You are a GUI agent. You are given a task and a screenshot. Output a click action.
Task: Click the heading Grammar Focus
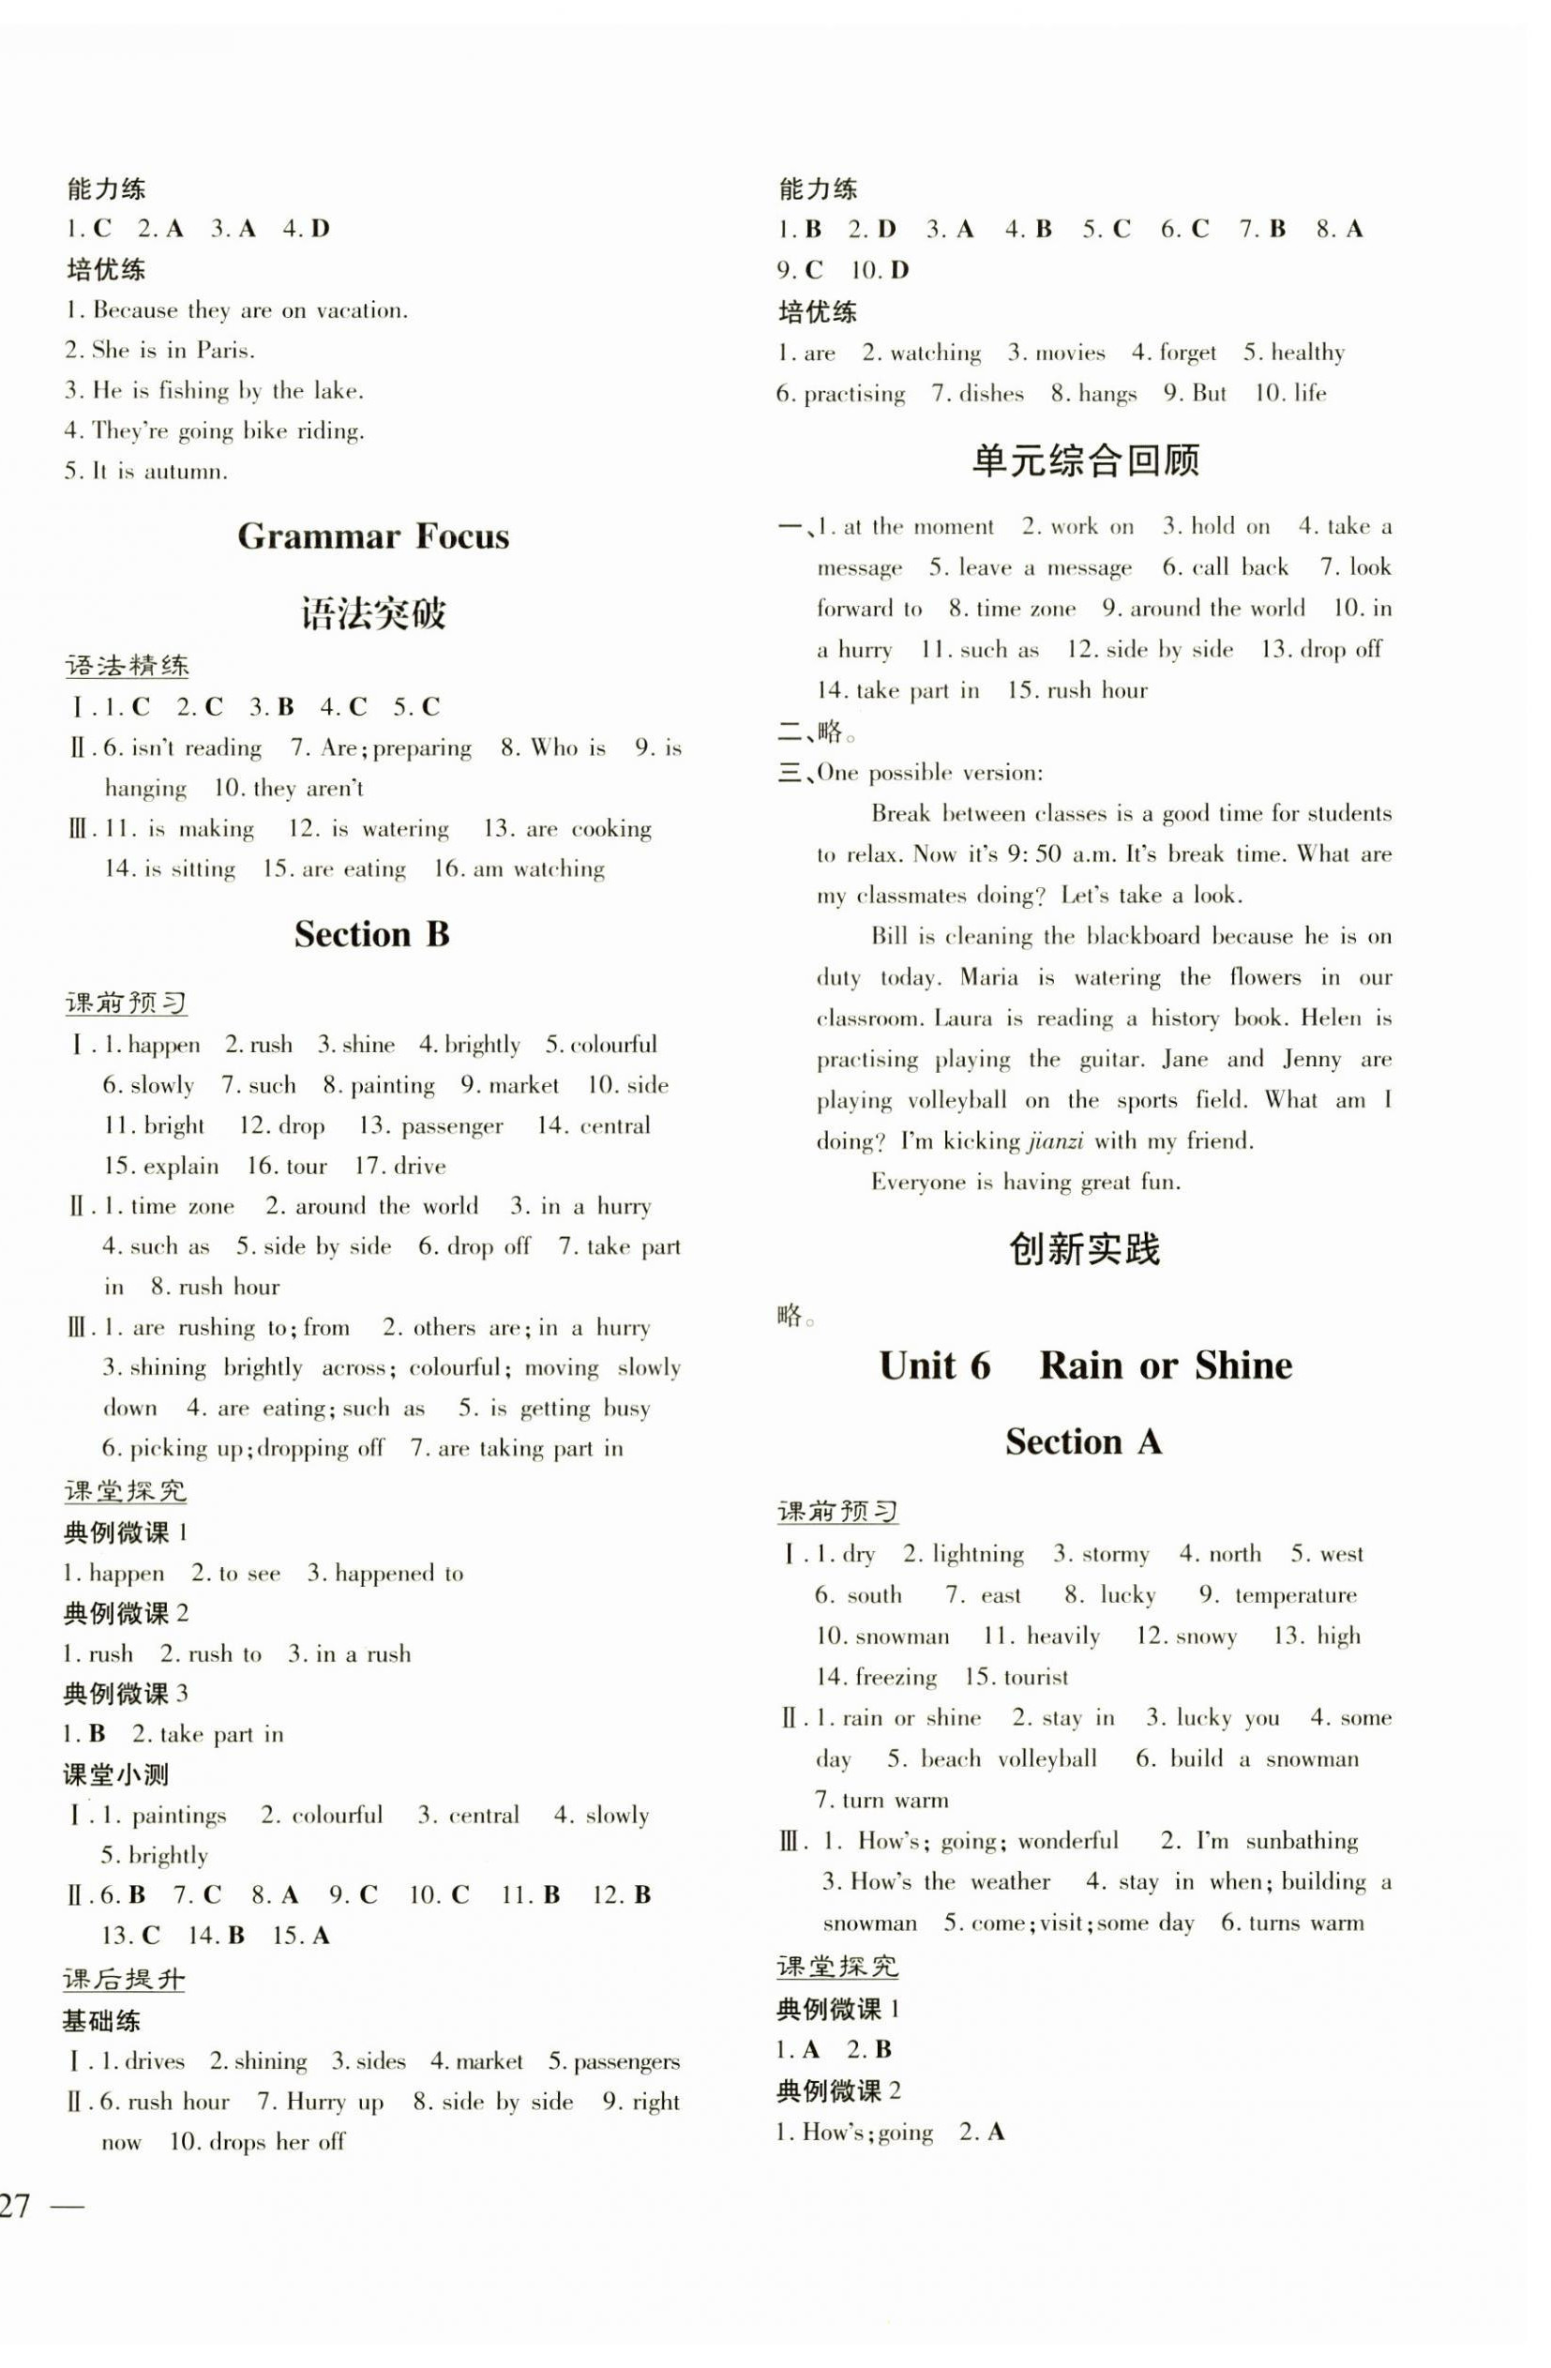coord(373,537)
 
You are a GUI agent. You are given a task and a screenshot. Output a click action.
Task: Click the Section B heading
coord(372,934)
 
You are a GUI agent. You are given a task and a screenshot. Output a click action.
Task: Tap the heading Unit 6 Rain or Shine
coord(1085,1365)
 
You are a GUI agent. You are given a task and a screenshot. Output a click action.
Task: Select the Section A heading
coord(1083,1441)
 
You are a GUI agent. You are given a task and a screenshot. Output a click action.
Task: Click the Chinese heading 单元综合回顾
coord(1085,460)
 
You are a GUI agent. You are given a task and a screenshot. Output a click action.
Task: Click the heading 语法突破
coord(373,614)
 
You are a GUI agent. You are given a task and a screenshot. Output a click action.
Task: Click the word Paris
coord(225,350)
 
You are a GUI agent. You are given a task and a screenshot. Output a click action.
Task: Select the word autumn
coord(185,472)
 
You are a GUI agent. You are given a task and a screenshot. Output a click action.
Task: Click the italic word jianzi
coord(1056,1141)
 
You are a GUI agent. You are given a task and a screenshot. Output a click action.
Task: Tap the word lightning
coord(978,1554)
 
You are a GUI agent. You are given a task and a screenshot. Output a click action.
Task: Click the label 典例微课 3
coord(127,1694)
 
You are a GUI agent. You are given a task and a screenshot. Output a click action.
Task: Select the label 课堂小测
coord(116,1774)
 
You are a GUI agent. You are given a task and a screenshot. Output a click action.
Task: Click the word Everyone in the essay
coord(918,1182)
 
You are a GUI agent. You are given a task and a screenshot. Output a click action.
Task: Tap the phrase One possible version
coord(929,773)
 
